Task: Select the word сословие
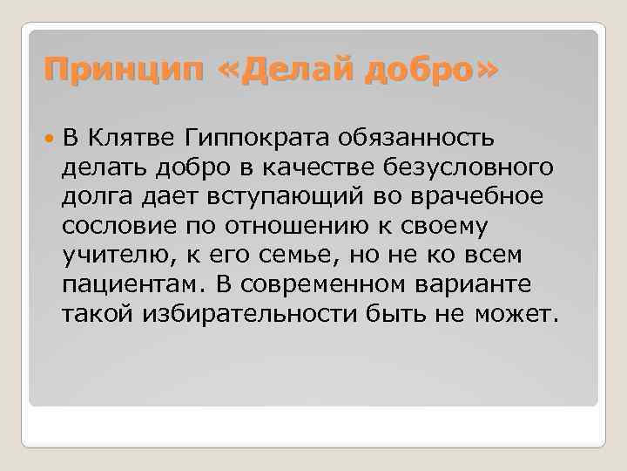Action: click(x=118, y=226)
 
